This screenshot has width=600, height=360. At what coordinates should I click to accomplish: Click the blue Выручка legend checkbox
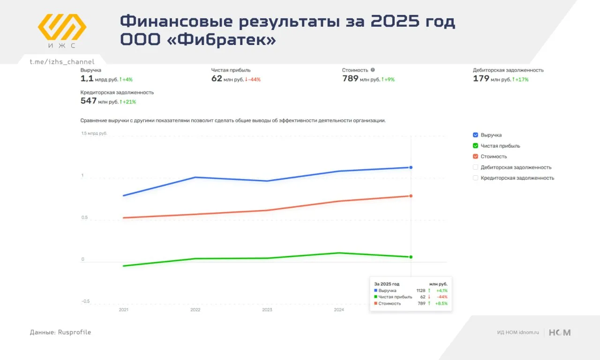pyautogui.click(x=476, y=135)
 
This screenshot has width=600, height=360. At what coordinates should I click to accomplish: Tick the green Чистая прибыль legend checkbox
pyautogui.click(x=476, y=146)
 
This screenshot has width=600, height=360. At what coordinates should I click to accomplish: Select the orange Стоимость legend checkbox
pyautogui.click(x=476, y=157)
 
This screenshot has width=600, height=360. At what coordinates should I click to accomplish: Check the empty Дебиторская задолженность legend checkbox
pyautogui.click(x=476, y=167)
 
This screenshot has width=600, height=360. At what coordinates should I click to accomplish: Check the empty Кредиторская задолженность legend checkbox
pyautogui.click(x=476, y=178)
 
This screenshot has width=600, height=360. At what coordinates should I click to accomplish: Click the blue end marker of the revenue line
pyautogui.click(x=411, y=167)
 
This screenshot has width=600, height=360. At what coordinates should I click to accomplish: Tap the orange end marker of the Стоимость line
pyautogui.click(x=411, y=196)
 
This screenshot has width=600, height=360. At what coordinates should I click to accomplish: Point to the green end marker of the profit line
pyautogui.click(x=411, y=257)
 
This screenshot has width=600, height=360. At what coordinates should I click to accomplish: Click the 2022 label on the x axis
pyautogui.click(x=195, y=310)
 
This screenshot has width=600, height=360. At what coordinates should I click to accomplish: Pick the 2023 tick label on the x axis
pyautogui.click(x=267, y=310)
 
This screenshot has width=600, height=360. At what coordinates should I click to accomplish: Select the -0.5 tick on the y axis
pyautogui.click(x=85, y=301)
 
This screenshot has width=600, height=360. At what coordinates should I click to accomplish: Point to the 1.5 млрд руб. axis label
pyautogui.click(x=94, y=134)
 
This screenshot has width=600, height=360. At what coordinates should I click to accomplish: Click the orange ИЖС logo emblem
pyautogui.click(x=62, y=27)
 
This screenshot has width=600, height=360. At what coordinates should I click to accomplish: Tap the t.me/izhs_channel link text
pyautogui.click(x=62, y=62)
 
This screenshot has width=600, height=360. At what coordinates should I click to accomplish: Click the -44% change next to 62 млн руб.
pyautogui.click(x=254, y=80)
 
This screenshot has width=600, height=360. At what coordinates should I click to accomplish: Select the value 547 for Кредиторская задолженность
pyautogui.click(x=89, y=101)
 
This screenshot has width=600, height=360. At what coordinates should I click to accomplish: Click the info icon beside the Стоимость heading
pyautogui.click(x=373, y=70)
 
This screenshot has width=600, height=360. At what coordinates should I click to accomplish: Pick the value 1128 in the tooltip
pyautogui.click(x=420, y=291)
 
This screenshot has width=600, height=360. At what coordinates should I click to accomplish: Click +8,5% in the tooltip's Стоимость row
pyautogui.click(x=442, y=303)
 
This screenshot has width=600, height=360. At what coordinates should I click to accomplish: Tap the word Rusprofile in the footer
pyautogui.click(x=75, y=332)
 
